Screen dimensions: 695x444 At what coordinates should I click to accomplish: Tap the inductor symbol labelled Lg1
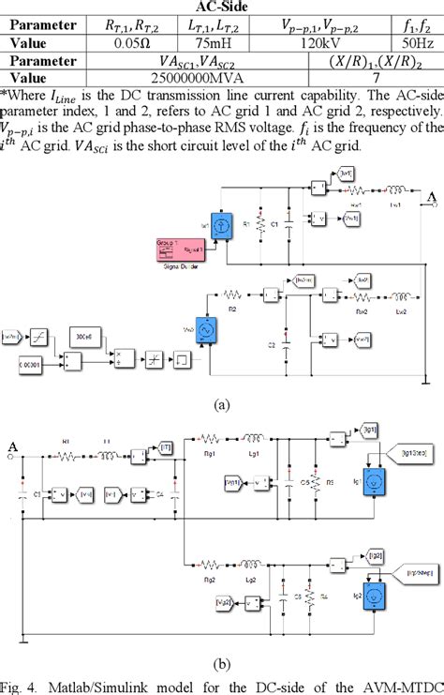pos(255,435)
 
